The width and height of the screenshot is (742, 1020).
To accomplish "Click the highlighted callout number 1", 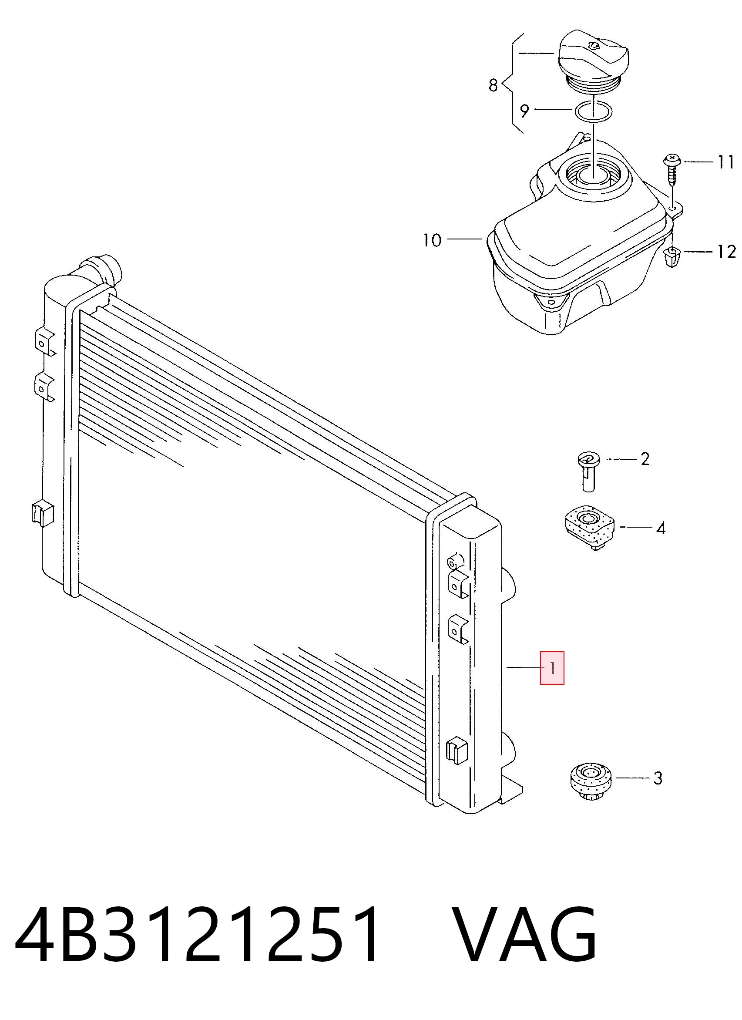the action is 552,668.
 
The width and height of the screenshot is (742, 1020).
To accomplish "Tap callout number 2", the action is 645,459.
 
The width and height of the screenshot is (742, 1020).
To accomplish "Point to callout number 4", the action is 661,528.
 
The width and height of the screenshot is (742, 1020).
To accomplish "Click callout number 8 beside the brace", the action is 494,85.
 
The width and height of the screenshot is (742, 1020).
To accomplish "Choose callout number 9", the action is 524,111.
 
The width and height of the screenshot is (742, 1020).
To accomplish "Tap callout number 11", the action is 725,162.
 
